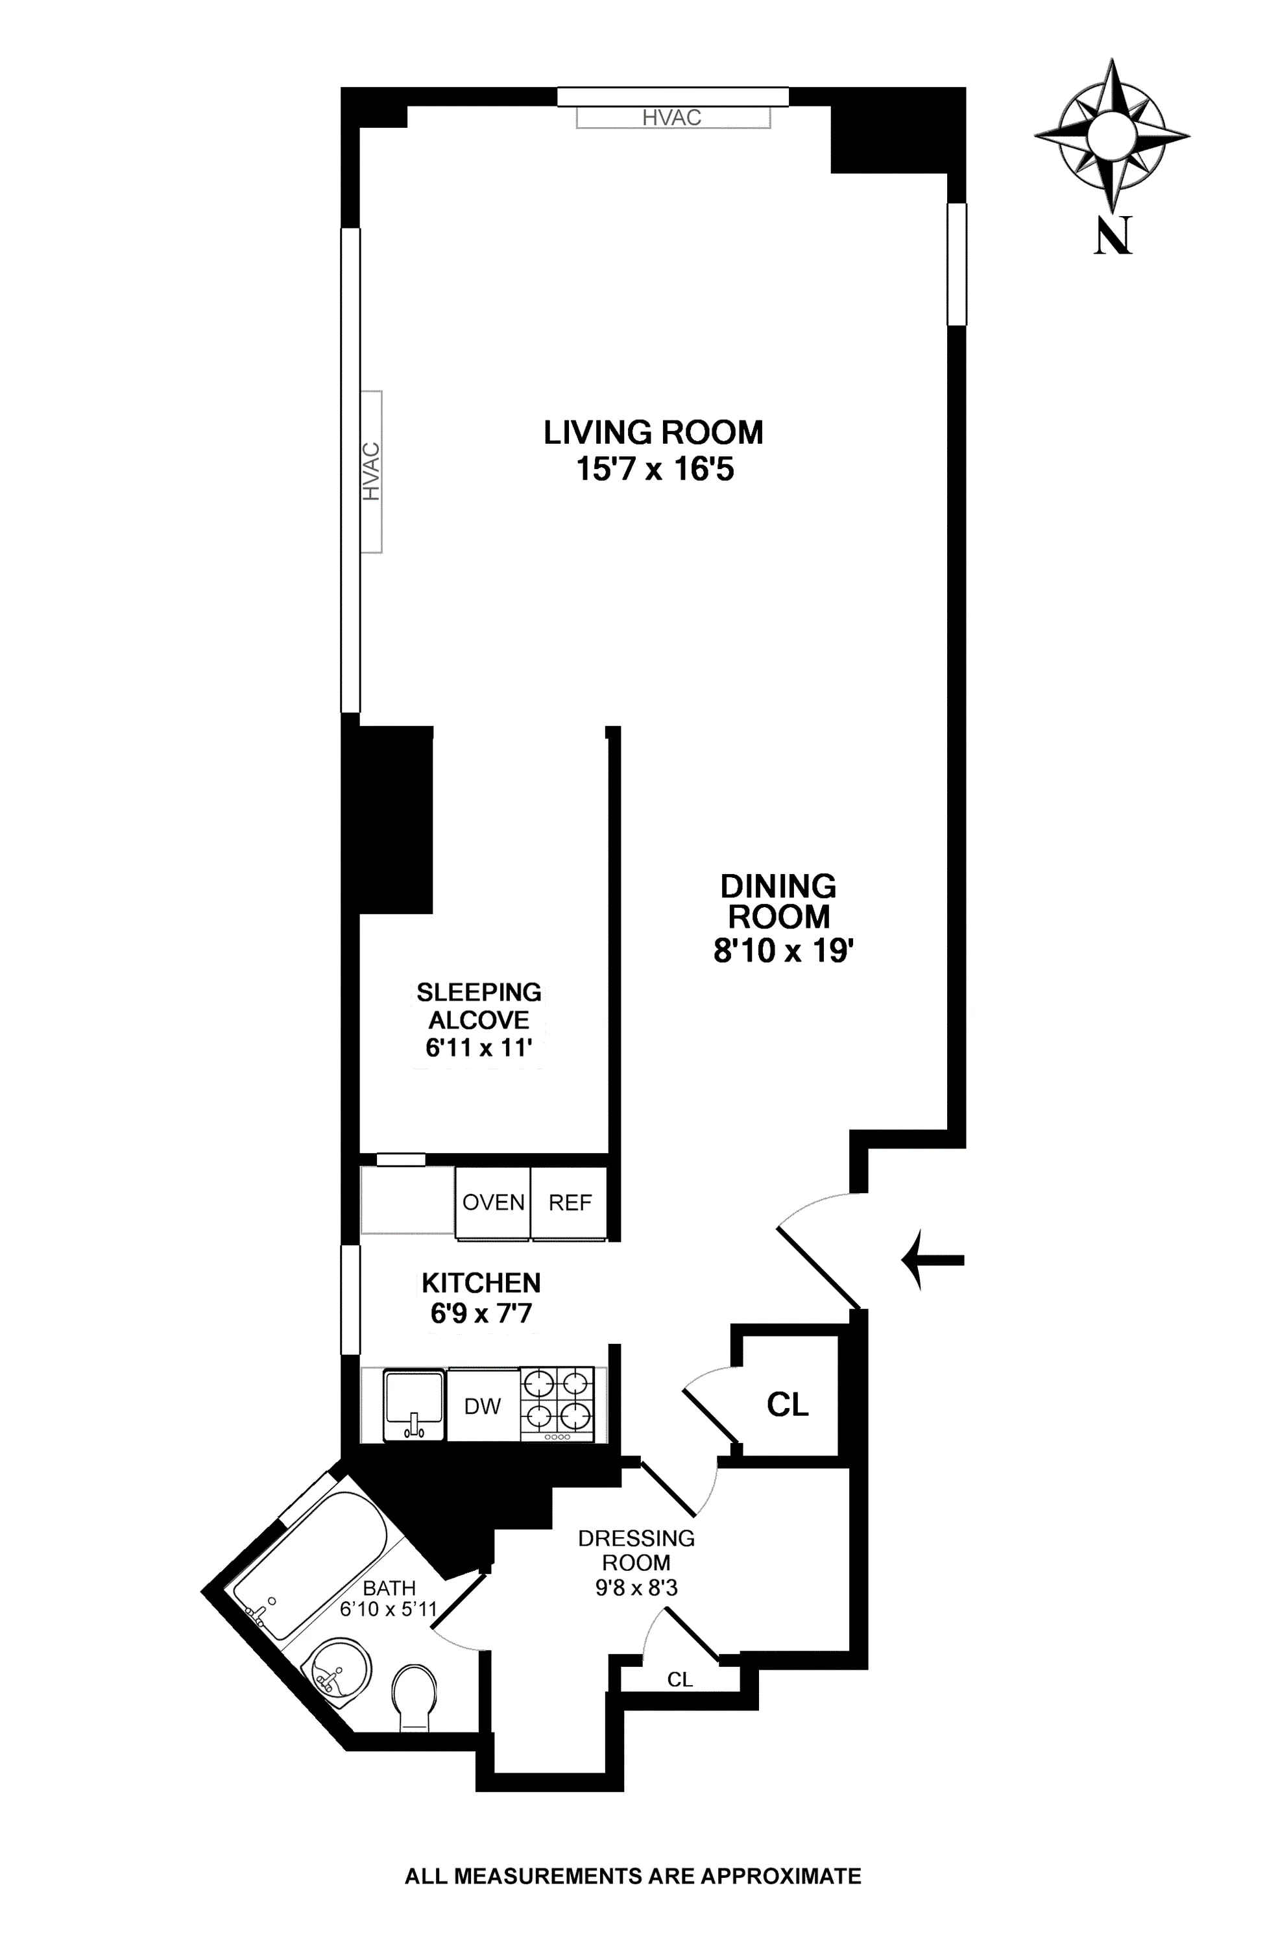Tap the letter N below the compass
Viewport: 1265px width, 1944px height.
click(x=1113, y=236)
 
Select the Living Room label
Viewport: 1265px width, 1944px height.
click(x=653, y=432)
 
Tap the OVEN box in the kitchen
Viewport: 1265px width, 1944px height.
click(x=492, y=1202)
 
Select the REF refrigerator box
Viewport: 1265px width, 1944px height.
click(x=569, y=1202)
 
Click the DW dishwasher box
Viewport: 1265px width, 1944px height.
click(x=482, y=1405)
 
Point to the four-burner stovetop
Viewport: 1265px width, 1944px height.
click(x=559, y=1404)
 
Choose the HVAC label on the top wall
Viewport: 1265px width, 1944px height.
click(x=671, y=117)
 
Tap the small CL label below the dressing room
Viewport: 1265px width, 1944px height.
click(x=679, y=1679)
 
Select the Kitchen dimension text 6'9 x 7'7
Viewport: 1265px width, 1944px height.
click(x=481, y=1313)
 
